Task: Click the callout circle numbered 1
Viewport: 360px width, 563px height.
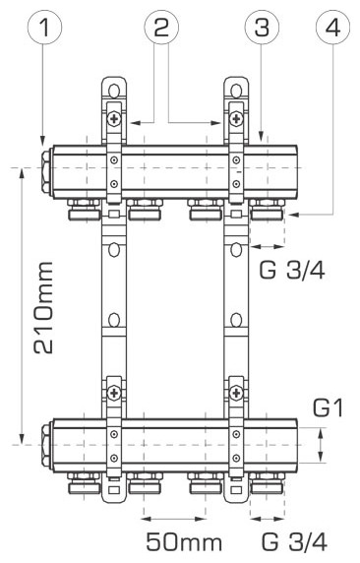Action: (45, 27)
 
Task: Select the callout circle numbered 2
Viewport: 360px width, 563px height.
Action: (161, 27)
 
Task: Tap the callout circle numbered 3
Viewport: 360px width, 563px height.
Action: (262, 27)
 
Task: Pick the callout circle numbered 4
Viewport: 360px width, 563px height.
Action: (332, 27)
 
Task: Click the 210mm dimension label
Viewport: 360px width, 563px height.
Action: (44, 308)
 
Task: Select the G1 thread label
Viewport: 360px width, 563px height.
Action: (329, 408)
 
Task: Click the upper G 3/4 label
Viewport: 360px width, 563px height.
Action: (292, 270)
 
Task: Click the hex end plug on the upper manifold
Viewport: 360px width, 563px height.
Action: (47, 171)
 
